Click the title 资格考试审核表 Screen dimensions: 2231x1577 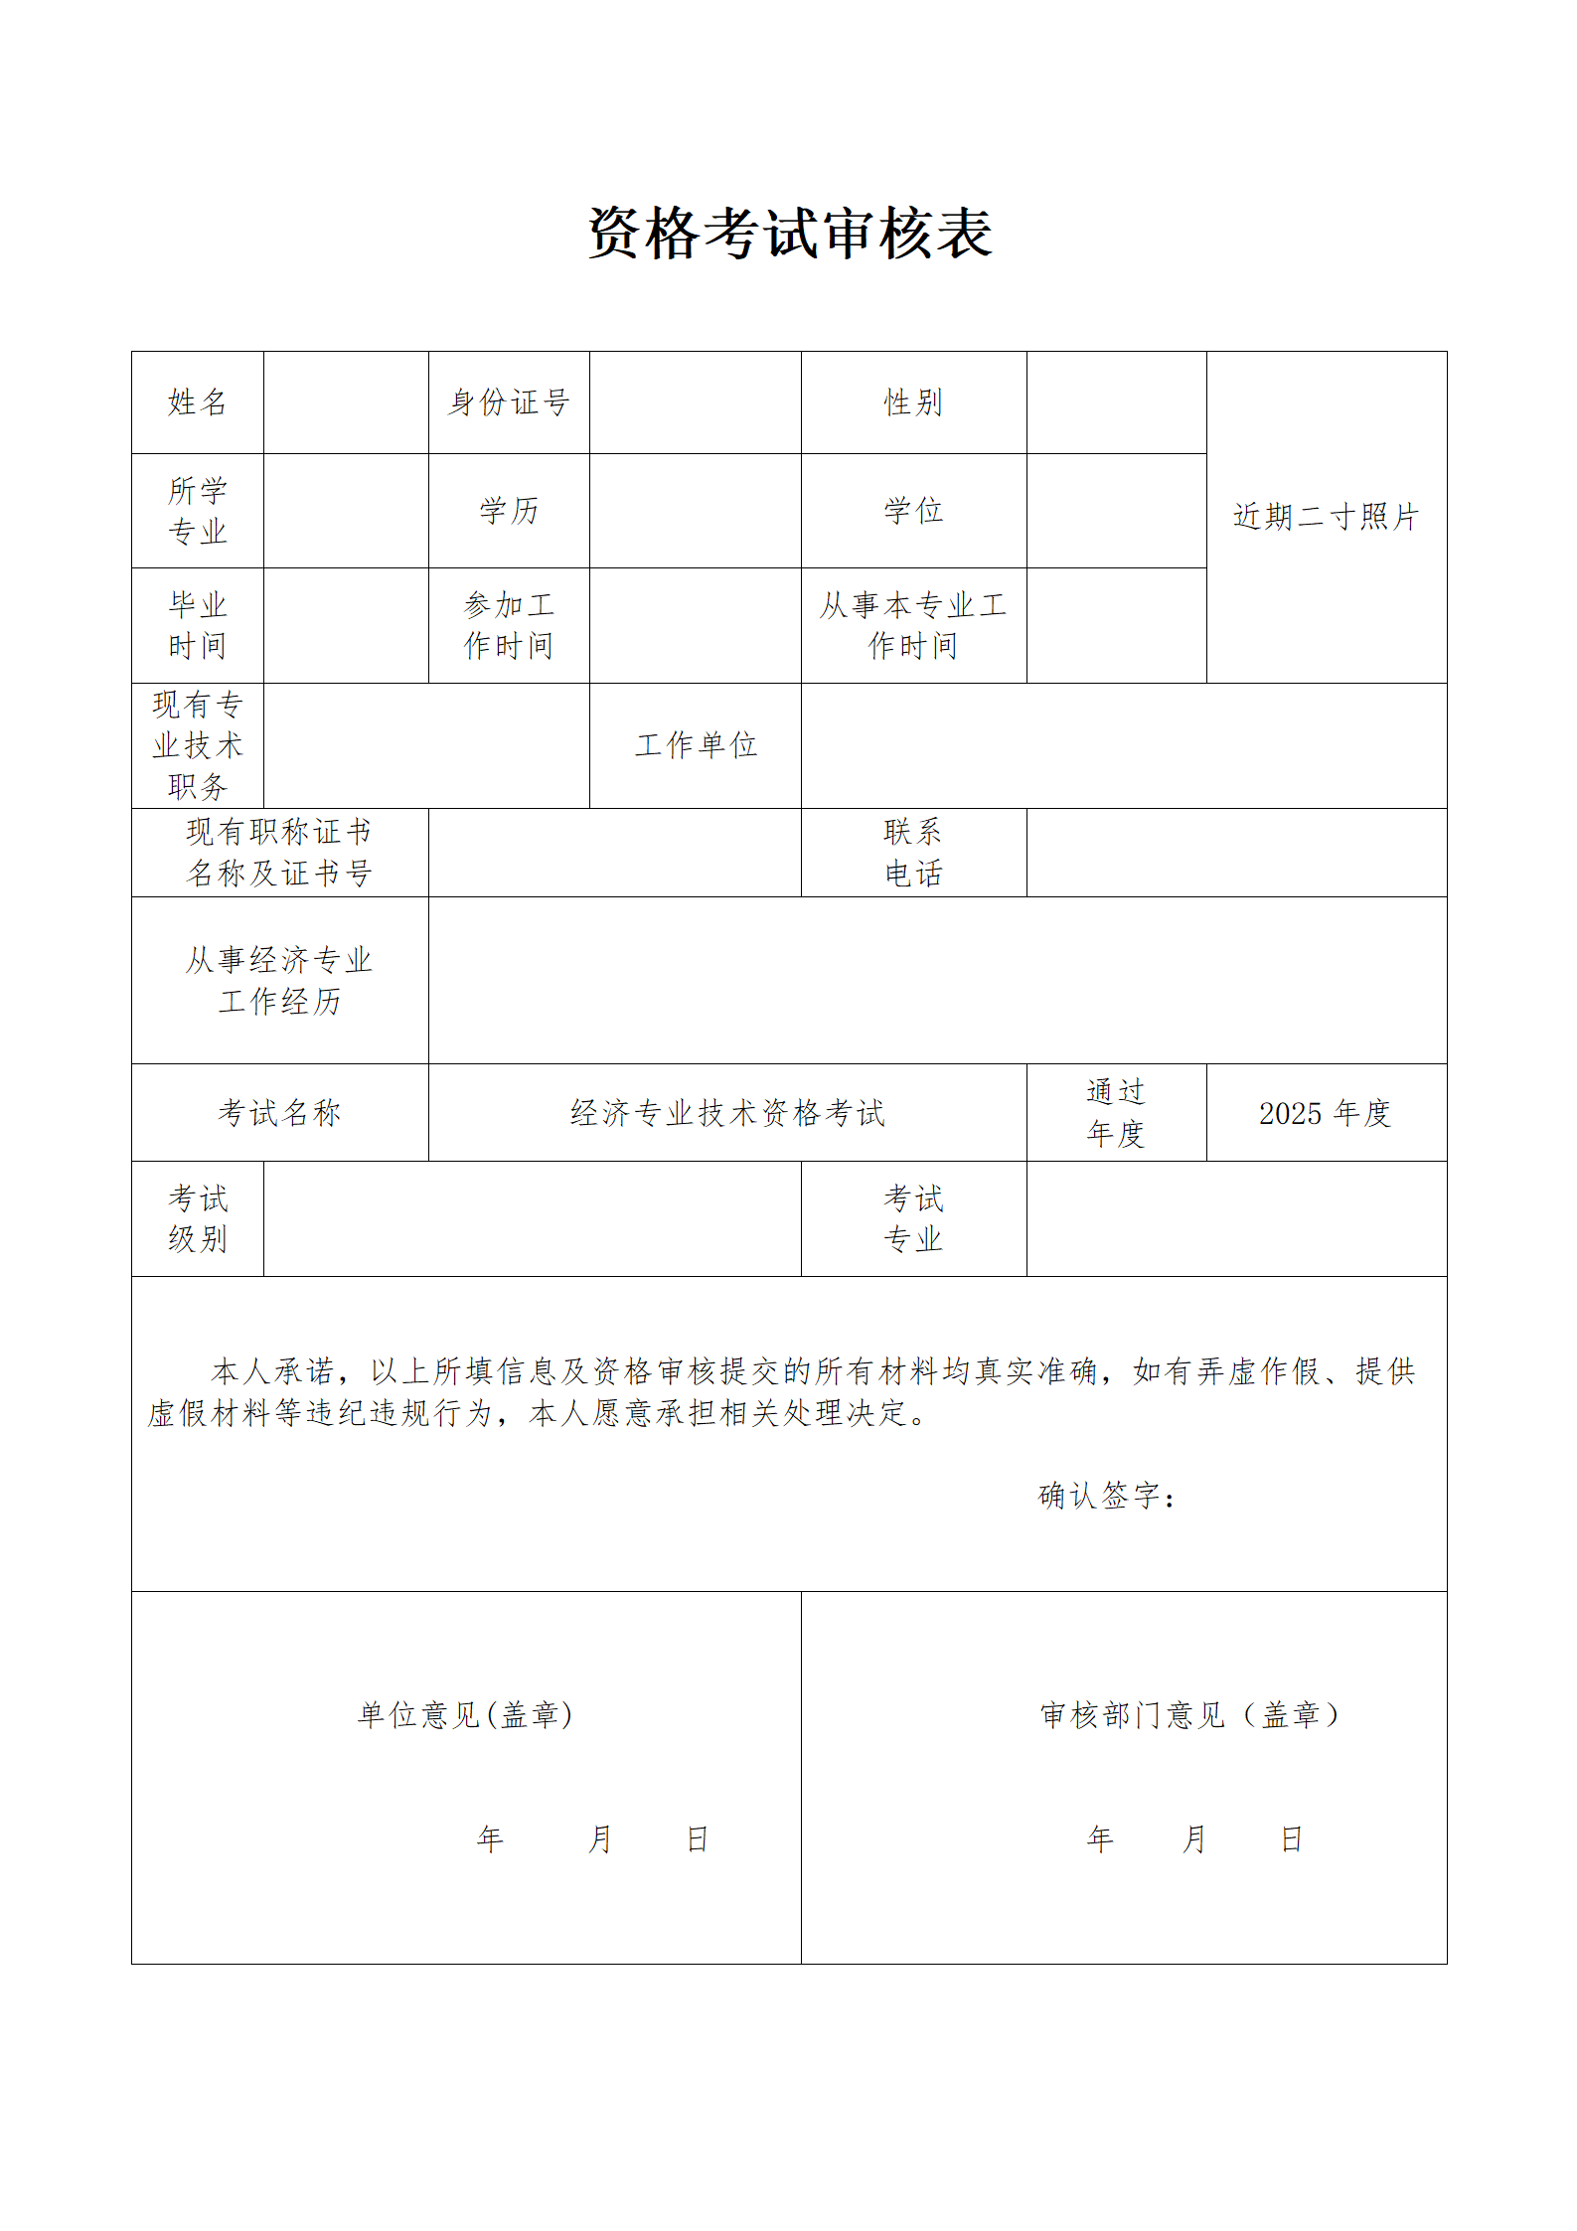(790, 235)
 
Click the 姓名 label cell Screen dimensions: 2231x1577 (197, 402)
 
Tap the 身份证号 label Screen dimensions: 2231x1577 (509, 402)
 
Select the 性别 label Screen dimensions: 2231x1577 (913, 402)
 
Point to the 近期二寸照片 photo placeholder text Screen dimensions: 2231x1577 (1326, 517)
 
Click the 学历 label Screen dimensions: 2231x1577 (509, 511)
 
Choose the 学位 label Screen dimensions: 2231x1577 (913, 511)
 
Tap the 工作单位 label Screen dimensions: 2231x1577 (696, 745)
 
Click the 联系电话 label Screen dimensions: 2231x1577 (913, 853)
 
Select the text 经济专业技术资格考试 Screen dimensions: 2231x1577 (727, 1113)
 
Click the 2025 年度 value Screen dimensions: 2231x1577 (1325, 1113)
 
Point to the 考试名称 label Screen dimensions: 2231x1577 (279, 1113)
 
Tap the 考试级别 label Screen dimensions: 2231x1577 (197, 1218)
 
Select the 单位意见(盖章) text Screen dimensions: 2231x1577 (465, 1715)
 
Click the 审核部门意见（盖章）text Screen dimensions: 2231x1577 (1190, 1715)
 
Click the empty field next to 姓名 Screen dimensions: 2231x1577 (346, 402)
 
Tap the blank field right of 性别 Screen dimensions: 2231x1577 (1116, 402)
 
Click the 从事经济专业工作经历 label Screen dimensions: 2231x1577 (279, 980)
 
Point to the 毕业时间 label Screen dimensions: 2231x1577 (197, 625)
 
